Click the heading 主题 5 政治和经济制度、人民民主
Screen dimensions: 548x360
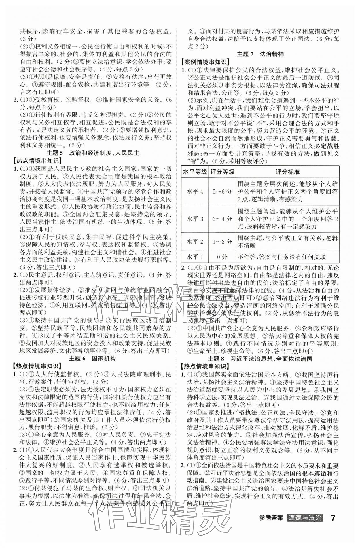point(92,153)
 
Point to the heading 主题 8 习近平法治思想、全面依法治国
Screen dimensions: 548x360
point(260,359)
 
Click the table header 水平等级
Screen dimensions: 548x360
point(195,172)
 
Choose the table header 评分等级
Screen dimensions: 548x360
point(222,172)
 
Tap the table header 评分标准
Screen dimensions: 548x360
point(287,172)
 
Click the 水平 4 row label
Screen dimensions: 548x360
point(195,191)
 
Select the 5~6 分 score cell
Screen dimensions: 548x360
point(222,191)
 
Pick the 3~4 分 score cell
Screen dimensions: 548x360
point(222,219)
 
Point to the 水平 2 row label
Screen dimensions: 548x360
point(195,242)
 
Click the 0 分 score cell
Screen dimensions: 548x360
point(222,257)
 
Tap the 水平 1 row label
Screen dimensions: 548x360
point(195,257)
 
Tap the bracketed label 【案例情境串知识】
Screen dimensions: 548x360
point(204,62)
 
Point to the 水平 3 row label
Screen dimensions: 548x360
point(195,219)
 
